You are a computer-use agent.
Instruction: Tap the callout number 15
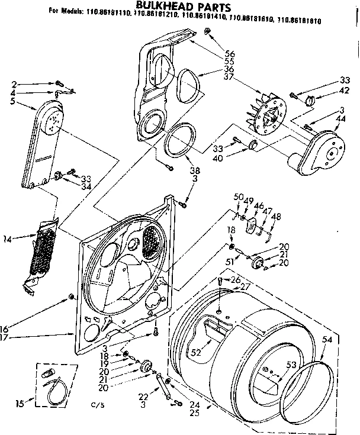click(x=20, y=404)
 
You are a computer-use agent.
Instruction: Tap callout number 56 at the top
click(x=228, y=53)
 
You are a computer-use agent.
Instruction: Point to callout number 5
click(x=14, y=102)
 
